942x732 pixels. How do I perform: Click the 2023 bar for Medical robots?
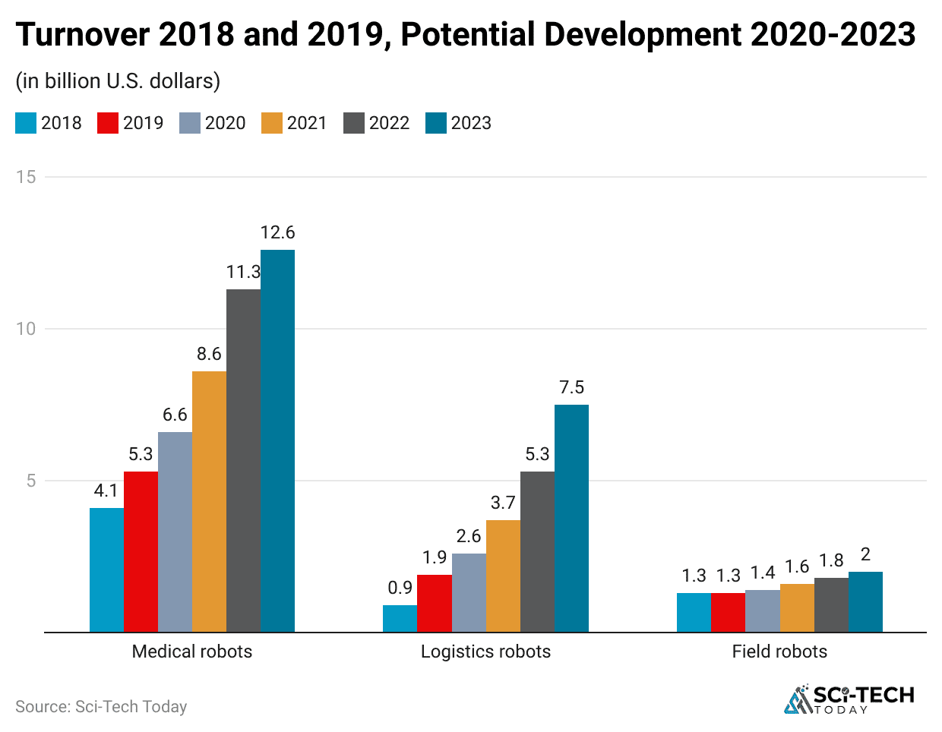pos(277,440)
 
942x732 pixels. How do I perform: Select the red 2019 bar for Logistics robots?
pos(435,603)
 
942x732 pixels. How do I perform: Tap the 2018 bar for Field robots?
pos(694,612)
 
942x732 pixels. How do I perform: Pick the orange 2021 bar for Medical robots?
pos(209,501)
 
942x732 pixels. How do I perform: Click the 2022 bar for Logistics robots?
pos(537,551)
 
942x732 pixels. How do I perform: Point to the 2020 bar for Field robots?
pos(762,611)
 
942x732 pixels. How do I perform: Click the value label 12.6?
pos(277,232)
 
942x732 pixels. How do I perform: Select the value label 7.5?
pos(571,387)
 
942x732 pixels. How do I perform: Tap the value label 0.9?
pos(400,587)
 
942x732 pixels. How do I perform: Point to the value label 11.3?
pos(243,272)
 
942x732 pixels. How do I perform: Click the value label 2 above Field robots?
pos(865,554)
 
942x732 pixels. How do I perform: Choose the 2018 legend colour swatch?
pos(26,123)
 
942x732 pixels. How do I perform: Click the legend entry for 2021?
pos(294,123)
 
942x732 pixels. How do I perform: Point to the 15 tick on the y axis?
pos(26,177)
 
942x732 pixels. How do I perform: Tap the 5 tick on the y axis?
pos(31,481)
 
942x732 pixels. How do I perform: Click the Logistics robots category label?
pos(485,652)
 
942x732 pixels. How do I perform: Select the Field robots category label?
pos(779,652)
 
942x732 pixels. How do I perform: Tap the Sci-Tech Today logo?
pos(849,699)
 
